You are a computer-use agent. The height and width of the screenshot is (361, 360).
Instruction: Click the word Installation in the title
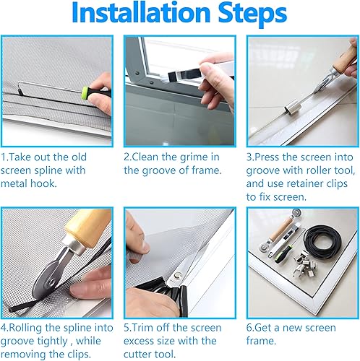[141, 12]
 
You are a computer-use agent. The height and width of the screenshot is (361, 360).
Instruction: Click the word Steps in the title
[252, 14]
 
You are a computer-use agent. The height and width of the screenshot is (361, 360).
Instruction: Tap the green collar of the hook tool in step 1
[85, 92]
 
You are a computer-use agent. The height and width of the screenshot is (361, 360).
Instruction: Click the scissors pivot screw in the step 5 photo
[178, 275]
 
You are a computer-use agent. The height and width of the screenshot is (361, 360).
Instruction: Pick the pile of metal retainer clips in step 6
[304, 264]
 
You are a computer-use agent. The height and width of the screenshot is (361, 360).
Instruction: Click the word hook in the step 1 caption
[43, 183]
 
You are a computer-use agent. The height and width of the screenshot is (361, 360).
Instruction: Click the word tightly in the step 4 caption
[53, 342]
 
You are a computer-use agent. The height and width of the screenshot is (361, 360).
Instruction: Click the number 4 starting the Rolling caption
[4, 328]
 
